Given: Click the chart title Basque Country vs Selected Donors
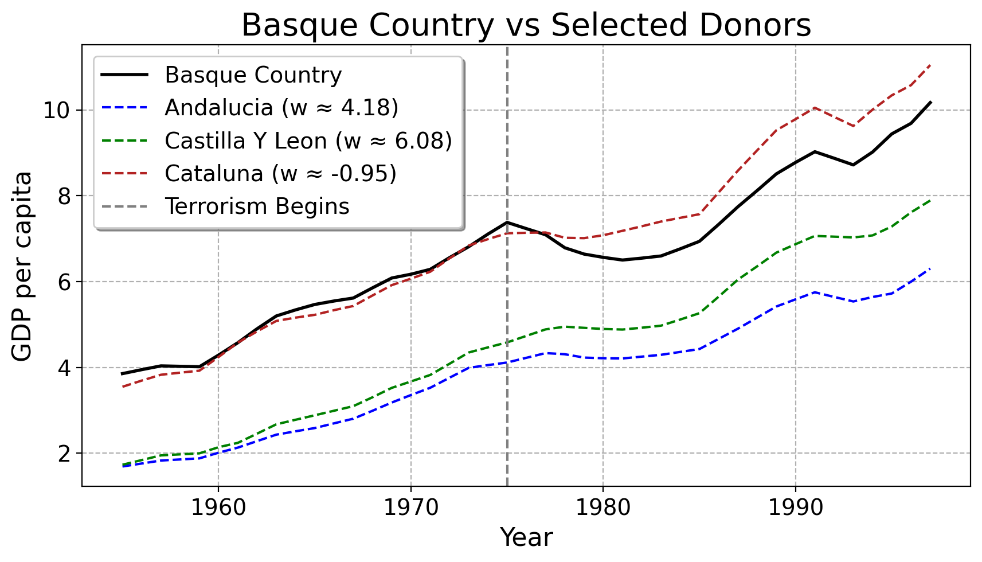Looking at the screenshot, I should click(526, 25).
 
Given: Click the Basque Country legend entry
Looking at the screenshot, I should click(253, 75).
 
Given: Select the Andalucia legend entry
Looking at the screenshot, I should click(281, 108).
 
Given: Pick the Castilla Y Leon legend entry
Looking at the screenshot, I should click(308, 141).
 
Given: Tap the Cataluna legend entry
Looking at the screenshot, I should click(280, 174).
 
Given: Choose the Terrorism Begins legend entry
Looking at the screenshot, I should click(257, 206).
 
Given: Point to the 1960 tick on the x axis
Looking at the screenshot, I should click(218, 508).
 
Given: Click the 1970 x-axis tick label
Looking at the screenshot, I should click(410, 508).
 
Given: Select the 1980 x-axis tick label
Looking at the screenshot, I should click(603, 508).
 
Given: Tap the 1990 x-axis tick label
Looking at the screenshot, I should click(795, 508).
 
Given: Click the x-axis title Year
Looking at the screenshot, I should click(526, 538).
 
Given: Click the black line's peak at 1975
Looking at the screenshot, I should click(507, 222).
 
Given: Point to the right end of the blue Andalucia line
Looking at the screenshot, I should click(930, 268).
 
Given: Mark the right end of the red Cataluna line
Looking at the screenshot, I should click(930, 65).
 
